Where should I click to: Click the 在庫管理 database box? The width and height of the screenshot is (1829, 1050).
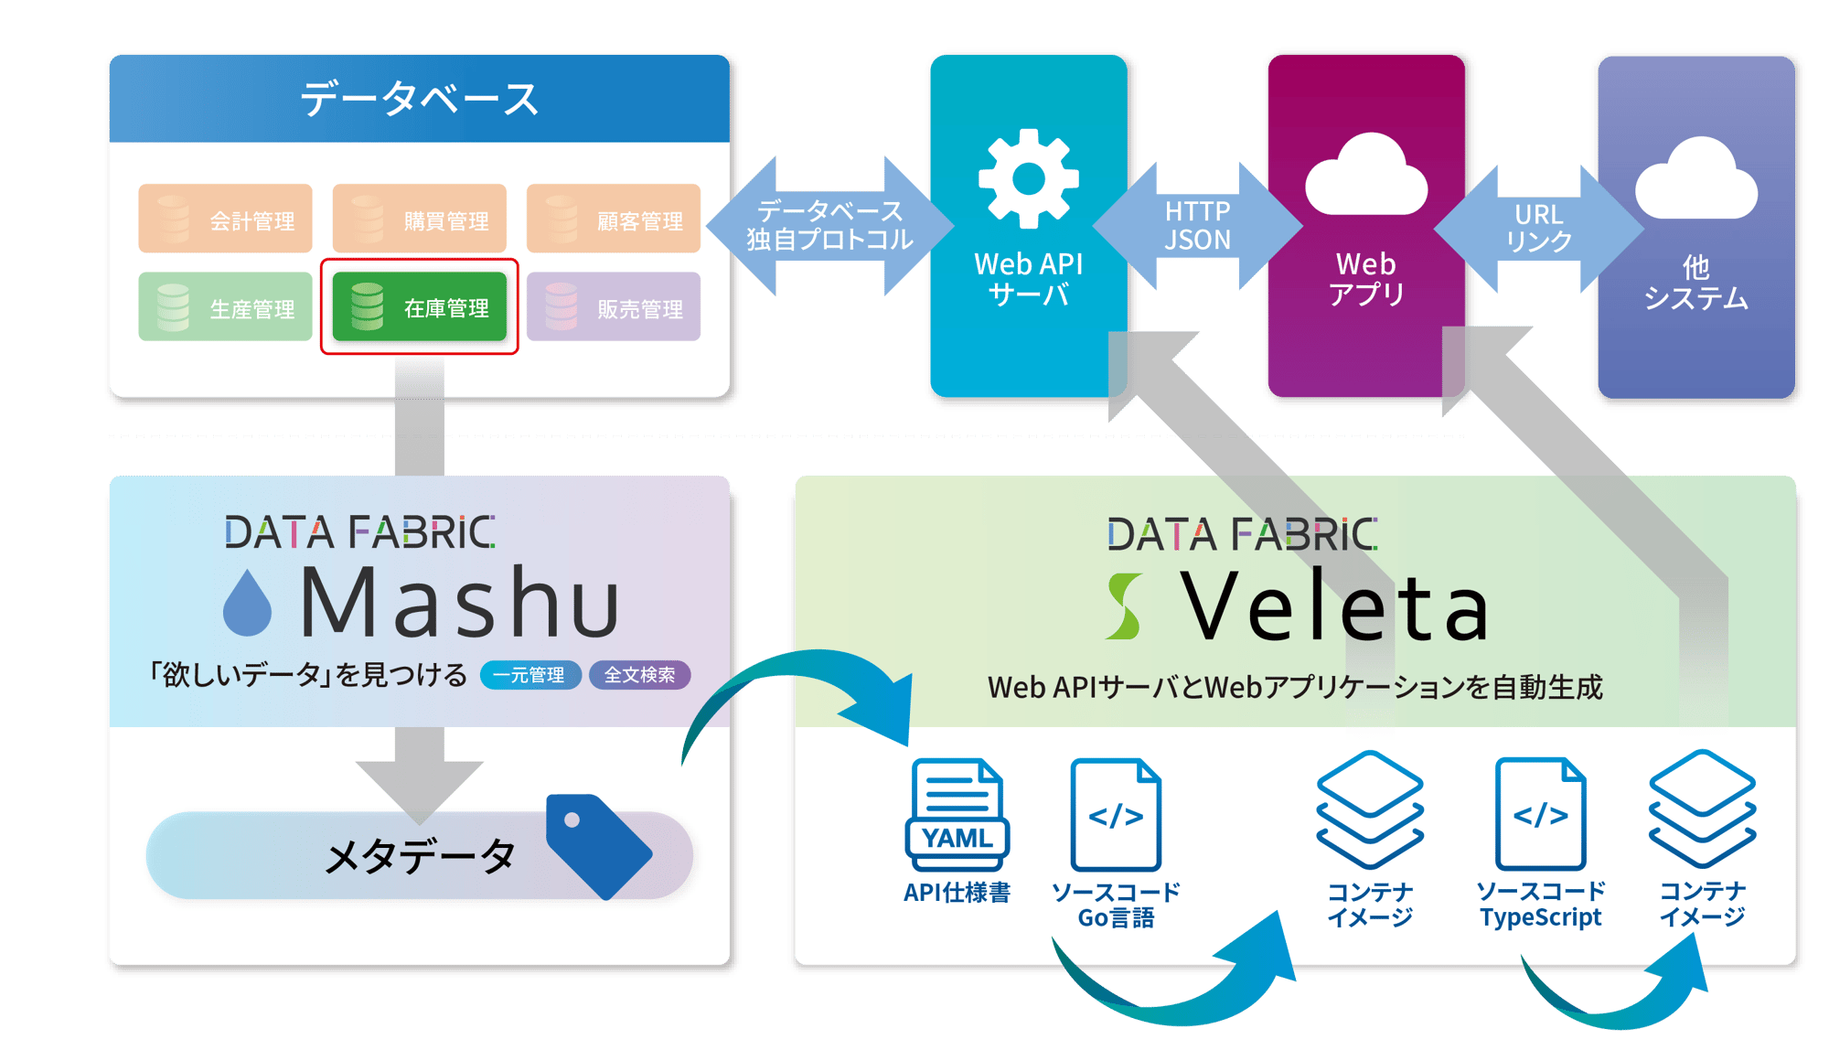click(420, 307)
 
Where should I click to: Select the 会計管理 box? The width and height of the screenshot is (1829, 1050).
click(225, 220)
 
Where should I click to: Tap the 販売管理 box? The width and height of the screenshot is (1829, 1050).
click(613, 307)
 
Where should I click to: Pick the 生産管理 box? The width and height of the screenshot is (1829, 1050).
click(225, 307)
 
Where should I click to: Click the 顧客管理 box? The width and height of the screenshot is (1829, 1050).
click(613, 220)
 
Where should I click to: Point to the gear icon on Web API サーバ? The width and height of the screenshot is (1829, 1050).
click(1028, 178)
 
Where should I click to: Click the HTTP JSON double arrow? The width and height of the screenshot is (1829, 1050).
click(1197, 225)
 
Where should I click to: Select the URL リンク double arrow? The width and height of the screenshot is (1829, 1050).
click(1538, 228)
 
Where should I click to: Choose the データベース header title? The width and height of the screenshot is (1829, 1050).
click(419, 99)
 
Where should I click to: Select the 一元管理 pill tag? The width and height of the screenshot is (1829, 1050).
click(529, 675)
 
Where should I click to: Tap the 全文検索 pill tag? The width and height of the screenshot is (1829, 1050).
click(639, 675)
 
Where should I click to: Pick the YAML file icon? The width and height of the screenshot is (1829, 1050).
click(957, 814)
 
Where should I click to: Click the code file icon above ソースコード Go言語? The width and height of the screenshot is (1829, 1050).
click(1116, 814)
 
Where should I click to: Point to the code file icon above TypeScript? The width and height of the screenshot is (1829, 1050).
click(1541, 814)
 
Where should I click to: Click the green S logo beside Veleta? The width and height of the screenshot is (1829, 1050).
click(1124, 605)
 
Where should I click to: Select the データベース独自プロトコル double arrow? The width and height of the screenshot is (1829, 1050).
click(829, 225)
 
